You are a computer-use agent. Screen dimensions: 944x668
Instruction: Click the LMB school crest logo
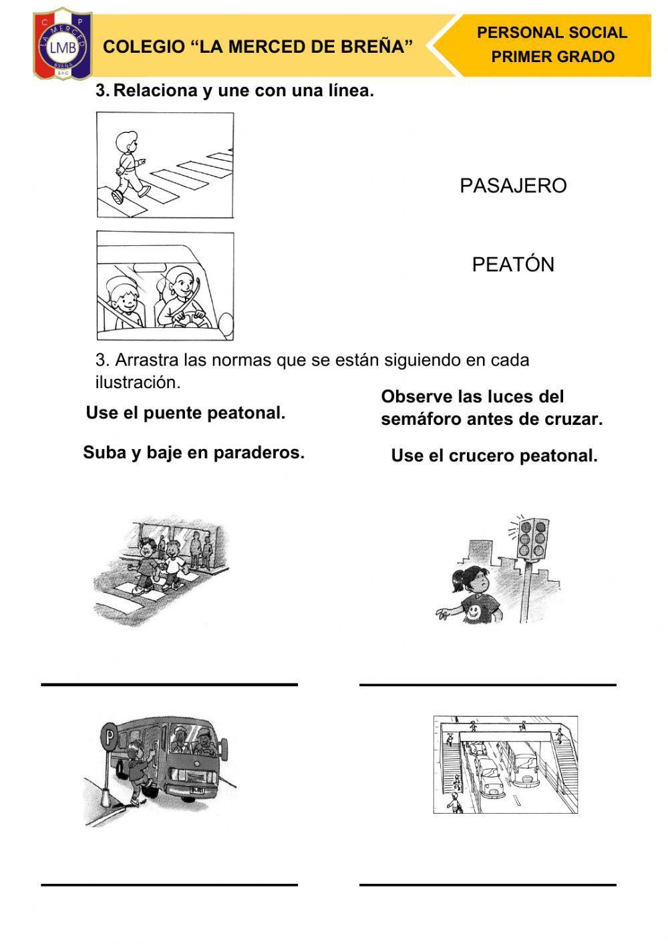pyautogui.click(x=63, y=44)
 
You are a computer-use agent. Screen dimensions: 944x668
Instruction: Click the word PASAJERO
pyautogui.click(x=513, y=186)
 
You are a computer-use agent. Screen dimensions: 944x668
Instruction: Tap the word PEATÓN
pyautogui.click(x=513, y=265)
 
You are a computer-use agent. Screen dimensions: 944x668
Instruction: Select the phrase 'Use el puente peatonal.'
pyautogui.click(x=186, y=413)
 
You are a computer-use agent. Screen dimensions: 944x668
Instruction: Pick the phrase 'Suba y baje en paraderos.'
pyautogui.click(x=194, y=453)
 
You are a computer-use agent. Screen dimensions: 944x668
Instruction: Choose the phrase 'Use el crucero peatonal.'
pyautogui.click(x=494, y=456)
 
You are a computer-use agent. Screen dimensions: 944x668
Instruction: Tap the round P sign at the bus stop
pyautogui.click(x=109, y=737)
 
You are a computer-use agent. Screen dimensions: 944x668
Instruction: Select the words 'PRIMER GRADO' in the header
pyautogui.click(x=553, y=57)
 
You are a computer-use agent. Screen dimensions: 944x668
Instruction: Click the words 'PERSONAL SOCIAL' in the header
pyautogui.click(x=552, y=33)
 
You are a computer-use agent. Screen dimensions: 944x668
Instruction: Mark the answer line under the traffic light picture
pyautogui.click(x=488, y=685)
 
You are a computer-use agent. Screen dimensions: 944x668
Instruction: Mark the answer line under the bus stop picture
pyautogui.click(x=169, y=885)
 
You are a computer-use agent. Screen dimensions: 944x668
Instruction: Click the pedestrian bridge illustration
pyautogui.click(x=506, y=764)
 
